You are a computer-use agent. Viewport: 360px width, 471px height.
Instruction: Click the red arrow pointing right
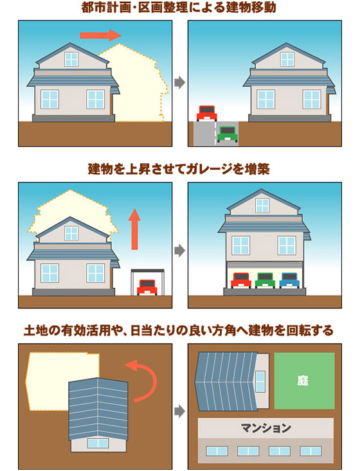pyautogui.click(x=100, y=35)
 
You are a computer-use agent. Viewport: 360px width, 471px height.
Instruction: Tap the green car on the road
pyautogui.click(x=228, y=134)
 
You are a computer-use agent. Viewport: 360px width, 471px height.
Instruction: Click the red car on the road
pyautogui.click(x=207, y=113)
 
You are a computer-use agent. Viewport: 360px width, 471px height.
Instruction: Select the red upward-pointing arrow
pyautogui.click(x=134, y=229)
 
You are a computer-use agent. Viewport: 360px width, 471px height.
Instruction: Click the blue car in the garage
pyautogui.click(x=289, y=280)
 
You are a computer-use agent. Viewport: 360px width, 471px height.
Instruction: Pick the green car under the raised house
pyautogui.click(x=265, y=280)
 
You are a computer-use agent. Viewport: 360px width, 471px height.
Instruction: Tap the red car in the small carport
pyautogui.click(x=147, y=287)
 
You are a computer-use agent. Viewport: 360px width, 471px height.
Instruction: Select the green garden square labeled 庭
pyautogui.click(x=304, y=380)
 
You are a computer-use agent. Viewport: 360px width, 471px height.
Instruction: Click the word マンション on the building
pyautogui.click(x=265, y=428)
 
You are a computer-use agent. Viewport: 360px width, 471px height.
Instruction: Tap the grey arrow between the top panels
pyautogui.click(x=180, y=82)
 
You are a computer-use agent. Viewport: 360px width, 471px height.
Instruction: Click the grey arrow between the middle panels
pyautogui.click(x=180, y=250)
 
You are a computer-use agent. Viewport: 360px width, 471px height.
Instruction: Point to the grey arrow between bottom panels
pyautogui.click(x=180, y=411)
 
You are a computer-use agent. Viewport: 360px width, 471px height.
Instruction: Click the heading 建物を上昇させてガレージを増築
pyautogui.click(x=179, y=169)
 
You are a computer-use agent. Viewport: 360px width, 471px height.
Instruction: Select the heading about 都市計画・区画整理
pyautogui.click(x=179, y=8)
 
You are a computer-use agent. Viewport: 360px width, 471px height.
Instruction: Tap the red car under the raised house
pyautogui.click(x=240, y=280)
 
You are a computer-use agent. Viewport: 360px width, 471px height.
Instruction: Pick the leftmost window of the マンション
pyautogui.click(x=217, y=450)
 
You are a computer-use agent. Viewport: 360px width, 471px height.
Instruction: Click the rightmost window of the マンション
pyautogui.click(x=310, y=450)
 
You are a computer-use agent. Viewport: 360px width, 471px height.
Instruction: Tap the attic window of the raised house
pyautogui.click(x=262, y=206)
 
